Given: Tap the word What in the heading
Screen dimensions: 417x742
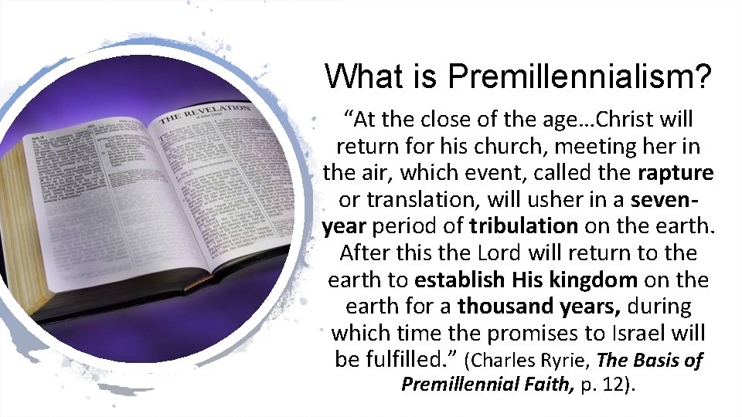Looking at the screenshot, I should pyautogui.click(x=360, y=76).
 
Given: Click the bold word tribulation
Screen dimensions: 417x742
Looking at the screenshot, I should pyautogui.click(x=523, y=225).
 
